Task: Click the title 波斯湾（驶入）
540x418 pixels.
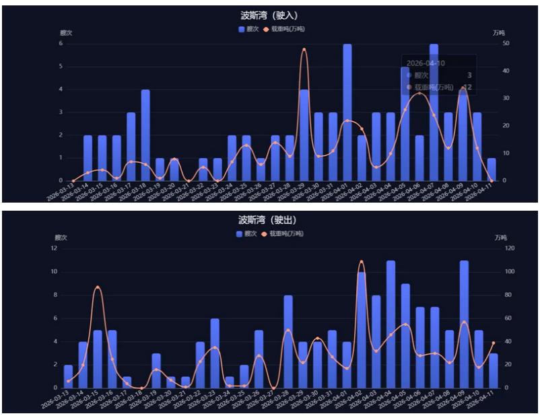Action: pos(269,15)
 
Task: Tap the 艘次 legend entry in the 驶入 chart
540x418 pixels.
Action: pos(248,30)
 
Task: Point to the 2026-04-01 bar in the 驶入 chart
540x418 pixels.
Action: pos(347,112)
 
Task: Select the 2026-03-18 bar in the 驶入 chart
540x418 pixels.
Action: pos(145,135)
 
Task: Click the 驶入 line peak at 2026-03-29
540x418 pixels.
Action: pos(304,49)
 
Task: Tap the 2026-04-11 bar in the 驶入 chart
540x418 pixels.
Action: pos(492,170)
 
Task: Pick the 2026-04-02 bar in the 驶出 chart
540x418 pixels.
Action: pos(362,330)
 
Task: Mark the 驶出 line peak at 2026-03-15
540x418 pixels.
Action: pos(98,287)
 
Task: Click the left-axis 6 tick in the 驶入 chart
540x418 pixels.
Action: pos(61,44)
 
